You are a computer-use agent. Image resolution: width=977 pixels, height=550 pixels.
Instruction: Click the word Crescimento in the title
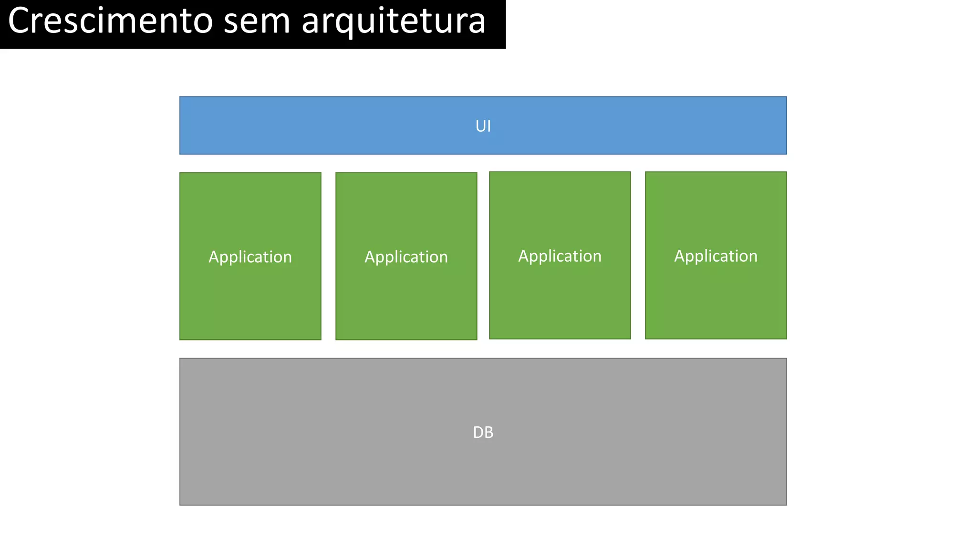(110, 21)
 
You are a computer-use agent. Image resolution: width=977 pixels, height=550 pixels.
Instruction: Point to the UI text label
(483, 126)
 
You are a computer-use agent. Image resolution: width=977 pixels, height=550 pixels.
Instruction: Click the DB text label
(483, 433)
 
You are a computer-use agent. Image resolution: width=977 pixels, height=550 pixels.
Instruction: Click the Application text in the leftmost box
(250, 257)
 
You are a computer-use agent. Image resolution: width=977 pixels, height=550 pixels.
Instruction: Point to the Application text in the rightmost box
(716, 256)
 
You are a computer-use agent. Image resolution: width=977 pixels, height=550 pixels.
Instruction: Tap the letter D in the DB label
(478, 433)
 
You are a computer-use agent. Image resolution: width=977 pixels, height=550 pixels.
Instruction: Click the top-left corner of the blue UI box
(180, 97)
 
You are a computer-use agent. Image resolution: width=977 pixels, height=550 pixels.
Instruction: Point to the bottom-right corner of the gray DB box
(786, 504)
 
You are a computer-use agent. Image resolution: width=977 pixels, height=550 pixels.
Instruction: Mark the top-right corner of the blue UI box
(786, 97)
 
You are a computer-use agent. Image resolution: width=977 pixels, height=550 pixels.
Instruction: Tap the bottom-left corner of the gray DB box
(180, 504)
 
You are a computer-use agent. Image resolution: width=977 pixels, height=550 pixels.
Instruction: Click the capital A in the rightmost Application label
(679, 256)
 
